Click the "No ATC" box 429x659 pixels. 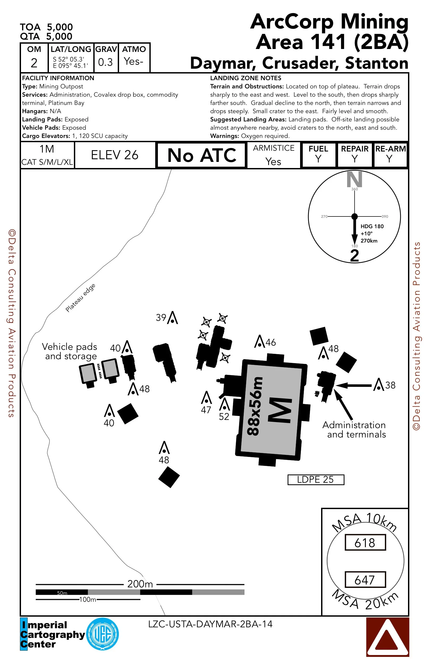point(201,155)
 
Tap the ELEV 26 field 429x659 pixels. point(115,155)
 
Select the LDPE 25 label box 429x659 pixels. point(316,480)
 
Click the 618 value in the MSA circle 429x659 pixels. point(365,543)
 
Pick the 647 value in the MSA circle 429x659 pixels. point(365,580)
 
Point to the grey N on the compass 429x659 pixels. point(354,179)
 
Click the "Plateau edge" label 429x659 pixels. point(81,298)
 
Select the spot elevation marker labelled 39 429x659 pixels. point(173,318)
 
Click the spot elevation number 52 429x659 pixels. point(224,416)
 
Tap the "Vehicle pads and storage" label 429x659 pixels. point(70,351)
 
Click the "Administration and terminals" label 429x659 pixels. point(354,429)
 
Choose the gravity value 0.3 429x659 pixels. point(105,62)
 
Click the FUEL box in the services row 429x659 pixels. point(318,154)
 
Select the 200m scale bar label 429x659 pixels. point(140,584)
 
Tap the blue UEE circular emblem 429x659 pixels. point(103,634)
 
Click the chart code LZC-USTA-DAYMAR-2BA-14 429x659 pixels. point(210,624)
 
